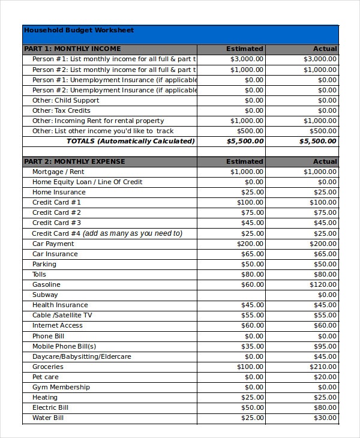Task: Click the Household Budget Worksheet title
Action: (x=78, y=31)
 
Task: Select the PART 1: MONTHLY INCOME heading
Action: (x=72, y=49)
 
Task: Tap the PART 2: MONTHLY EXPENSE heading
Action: (x=74, y=161)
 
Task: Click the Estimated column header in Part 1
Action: (x=244, y=49)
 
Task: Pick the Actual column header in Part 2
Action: (x=325, y=161)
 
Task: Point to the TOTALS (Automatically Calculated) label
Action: (x=130, y=141)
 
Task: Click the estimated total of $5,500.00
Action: (x=245, y=141)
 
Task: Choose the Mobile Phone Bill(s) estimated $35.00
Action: (x=252, y=346)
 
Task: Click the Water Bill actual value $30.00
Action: (x=325, y=418)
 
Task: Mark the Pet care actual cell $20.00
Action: (x=325, y=377)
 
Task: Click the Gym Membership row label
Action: (x=62, y=387)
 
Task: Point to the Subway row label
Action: (x=45, y=295)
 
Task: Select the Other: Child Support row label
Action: (x=65, y=100)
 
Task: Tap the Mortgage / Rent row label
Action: (x=58, y=172)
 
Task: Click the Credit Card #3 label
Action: (x=56, y=223)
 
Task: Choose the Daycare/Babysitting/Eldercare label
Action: (x=82, y=356)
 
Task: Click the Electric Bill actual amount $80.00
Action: (x=325, y=407)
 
